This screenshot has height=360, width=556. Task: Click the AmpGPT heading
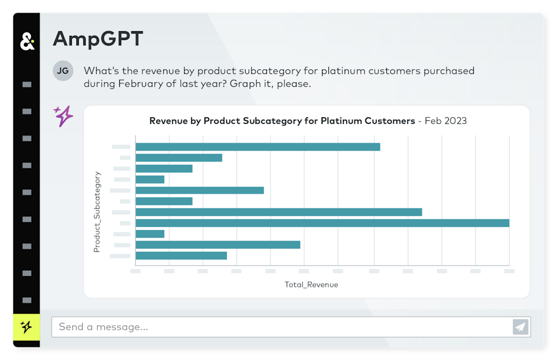tap(98, 39)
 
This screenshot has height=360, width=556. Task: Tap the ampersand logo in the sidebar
tap(27, 41)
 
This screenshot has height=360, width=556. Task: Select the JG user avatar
tap(63, 71)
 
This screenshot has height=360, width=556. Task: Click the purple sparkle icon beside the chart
tap(63, 116)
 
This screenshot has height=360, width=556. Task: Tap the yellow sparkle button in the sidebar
tap(27, 327)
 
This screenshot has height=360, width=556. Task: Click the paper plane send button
tap(521, 327)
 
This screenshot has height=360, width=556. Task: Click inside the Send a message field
tap(278, 327)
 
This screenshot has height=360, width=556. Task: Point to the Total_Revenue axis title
tap(311, 285)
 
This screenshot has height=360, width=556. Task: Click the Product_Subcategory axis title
tap(97, 212)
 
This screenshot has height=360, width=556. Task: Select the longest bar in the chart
tap(322, 223)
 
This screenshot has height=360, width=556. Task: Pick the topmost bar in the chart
tap(258, 147)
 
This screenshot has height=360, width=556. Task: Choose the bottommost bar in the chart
tap(181, 256)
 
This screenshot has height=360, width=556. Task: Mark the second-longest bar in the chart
tap(279, 212)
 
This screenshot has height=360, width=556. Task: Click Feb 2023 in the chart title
tap(445, 121)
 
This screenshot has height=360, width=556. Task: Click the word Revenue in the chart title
tap(169, 121)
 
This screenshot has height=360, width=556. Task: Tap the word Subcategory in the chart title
tap(272, 121)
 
